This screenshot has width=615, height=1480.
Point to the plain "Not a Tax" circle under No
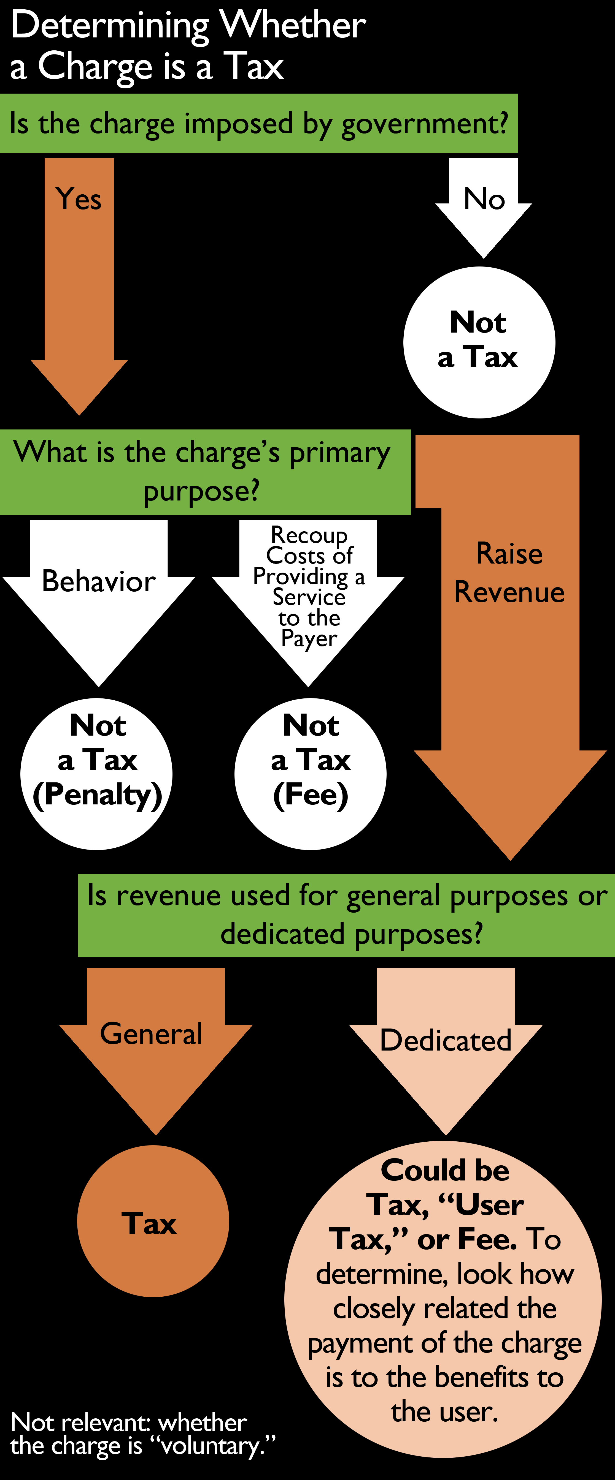pyautogui.click(x=479, y=342)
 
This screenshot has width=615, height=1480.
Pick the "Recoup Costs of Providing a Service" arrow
pyautogui.click(x=309, y=592)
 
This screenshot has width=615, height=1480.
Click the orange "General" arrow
pyautogui.click(x=155, y=1040)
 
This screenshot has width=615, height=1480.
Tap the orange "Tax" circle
pyautogui.click(x=153, y=1221)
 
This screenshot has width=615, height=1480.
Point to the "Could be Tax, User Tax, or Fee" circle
pyautogui.click(x=443, y=1299)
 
